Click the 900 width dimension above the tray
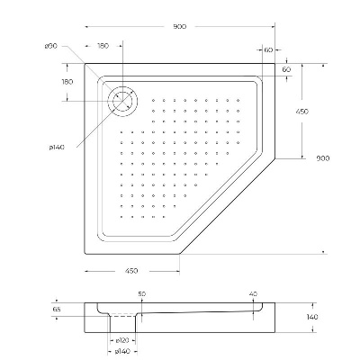(180, 27)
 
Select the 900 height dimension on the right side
(323, 158)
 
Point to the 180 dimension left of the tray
(66, 82)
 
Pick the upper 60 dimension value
(269, 51)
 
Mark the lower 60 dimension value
(286, 68)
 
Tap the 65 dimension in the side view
(58, 308)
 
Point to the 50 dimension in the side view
(141, 294)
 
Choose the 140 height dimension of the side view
(312, 317)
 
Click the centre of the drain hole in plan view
(121, 100)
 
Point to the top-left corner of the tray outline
(88, 66)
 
